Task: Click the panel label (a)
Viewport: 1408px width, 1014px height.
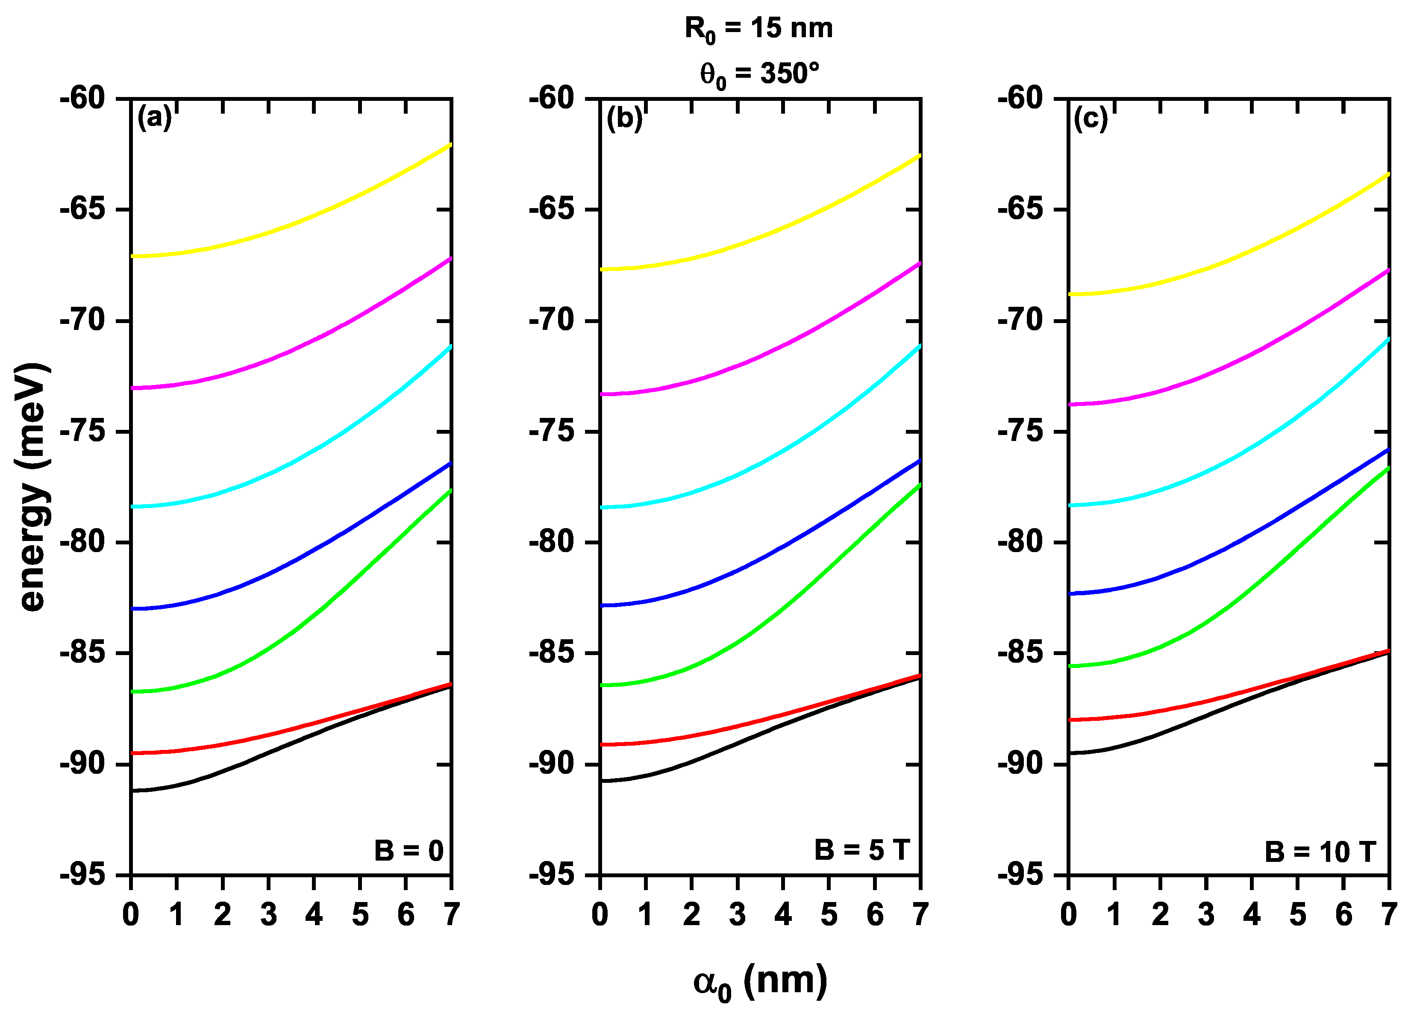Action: (x=153, y=118)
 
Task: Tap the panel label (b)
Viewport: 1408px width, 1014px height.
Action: (x=623, y=118)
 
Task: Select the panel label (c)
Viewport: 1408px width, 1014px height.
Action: (x=1091, y=118)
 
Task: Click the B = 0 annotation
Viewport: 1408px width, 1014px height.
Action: (x=409, y=851)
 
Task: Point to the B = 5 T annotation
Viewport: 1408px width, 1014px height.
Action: (x=862, y=849)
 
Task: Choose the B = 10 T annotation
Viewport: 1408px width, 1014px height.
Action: (x=1320, y=852)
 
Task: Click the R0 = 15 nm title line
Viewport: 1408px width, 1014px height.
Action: (x=758, y=29)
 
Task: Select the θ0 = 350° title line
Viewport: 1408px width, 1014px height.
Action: (x=758, y=74)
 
